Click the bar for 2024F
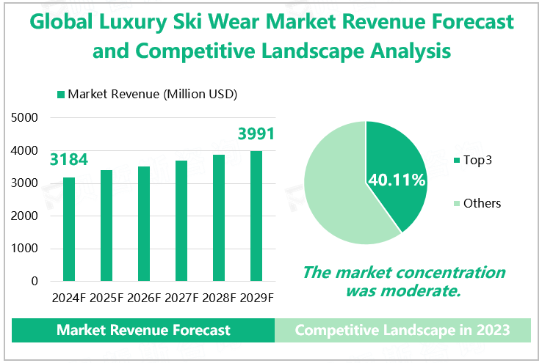click(69, 229)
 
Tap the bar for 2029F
click(256, 216)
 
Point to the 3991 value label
click(256, 134)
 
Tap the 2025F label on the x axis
click(106, 298)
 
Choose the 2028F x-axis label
click(218, 298)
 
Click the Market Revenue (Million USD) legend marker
click(61, 95)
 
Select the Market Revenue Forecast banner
click(143, 330)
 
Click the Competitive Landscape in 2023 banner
click(402, 330)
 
